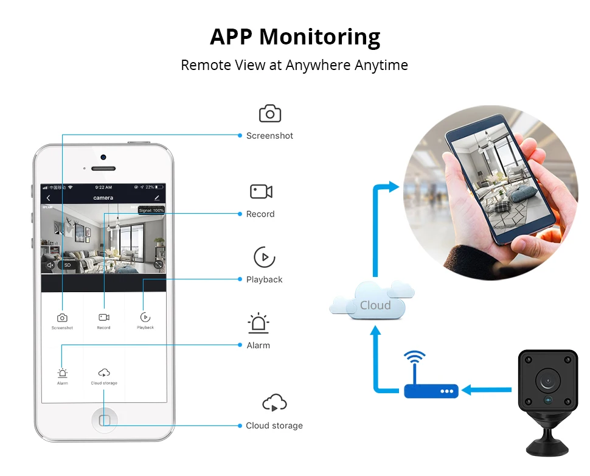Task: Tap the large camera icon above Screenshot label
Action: click(270, 114)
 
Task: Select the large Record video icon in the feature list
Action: click(261, 192)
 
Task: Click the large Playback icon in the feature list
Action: click(264, 257)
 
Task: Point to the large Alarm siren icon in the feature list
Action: click(259, 323)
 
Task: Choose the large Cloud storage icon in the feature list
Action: click(274, 402)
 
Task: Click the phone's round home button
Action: click(104, 420)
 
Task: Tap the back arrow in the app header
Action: click(49, 198)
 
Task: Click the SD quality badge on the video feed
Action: click(68, 265)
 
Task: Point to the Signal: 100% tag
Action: click(151, 210)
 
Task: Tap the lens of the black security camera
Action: click(547, 380)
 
